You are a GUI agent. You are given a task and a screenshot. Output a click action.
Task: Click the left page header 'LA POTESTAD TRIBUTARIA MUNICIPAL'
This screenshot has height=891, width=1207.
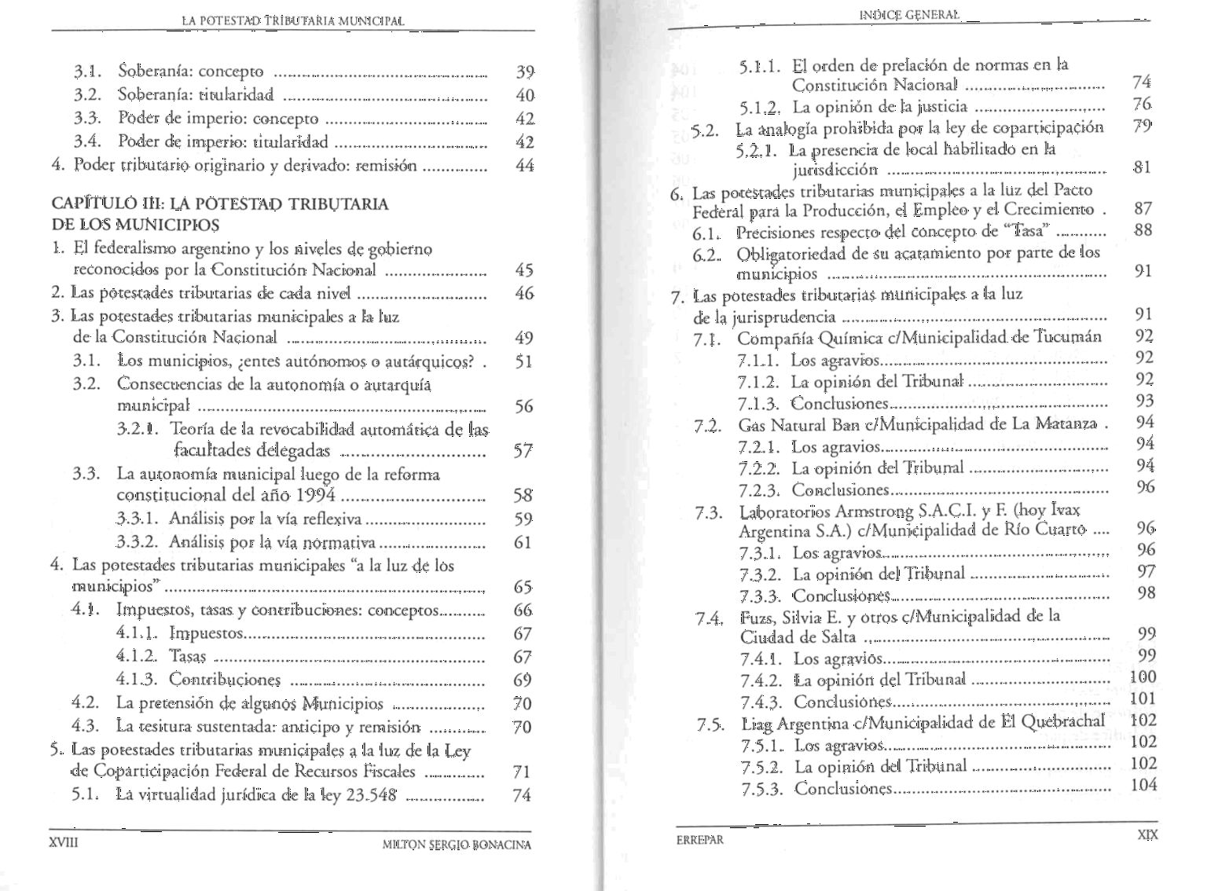[x=292, y=20]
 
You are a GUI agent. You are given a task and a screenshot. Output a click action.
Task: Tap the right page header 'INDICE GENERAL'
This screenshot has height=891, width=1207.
[x=909, y=14]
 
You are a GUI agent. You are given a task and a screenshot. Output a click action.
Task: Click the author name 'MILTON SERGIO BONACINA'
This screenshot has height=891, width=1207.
[x=456, y=845]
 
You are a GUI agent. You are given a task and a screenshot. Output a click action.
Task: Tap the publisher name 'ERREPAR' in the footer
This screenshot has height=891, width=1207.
[x=699, y=839]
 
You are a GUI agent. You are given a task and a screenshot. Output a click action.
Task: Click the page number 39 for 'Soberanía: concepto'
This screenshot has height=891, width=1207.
[x=525, y=72]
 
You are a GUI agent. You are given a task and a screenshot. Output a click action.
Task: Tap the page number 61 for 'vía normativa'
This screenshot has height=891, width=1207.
[x=523, y=542]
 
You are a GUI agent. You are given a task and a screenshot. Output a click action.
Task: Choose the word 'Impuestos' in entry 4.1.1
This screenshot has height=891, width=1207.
[x=207, y=632]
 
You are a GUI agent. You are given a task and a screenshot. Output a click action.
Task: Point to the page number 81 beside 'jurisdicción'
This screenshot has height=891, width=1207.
[x=1143, y=167]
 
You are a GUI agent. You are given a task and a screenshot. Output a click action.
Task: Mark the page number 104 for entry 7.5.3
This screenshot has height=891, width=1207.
[x=1143, y=784]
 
